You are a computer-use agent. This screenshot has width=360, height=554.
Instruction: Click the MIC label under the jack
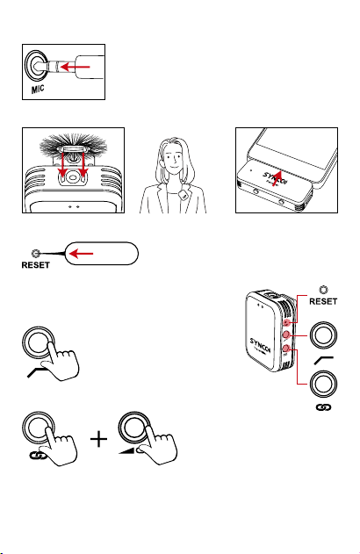[38, 90]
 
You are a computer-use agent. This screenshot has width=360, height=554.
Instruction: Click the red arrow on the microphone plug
[76, 67]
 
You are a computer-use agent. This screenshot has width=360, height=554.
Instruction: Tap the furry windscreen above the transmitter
[73, 145]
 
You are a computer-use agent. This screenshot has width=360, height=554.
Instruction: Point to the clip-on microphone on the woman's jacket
[184, 194]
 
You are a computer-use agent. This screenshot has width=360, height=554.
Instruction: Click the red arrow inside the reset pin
[82, 254]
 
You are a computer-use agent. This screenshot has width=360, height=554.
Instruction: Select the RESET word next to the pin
[36, 265]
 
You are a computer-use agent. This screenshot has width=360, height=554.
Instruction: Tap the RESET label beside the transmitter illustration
[323, 301]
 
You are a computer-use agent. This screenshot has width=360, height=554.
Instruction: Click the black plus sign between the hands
[99, 439]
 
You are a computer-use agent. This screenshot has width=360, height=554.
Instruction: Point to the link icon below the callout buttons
[323, 407]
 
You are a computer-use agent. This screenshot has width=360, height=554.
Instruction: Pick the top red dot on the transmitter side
[287, 322]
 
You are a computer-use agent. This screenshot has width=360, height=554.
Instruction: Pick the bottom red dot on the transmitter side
[286, 349]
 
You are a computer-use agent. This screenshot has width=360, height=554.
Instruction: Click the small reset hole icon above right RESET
[323, 290]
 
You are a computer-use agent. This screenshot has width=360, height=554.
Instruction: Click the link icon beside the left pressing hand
[38, 457]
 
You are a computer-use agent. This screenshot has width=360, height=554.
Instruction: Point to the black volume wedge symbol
[126, 450]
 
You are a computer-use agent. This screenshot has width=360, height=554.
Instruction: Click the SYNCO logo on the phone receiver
[274, 176]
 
